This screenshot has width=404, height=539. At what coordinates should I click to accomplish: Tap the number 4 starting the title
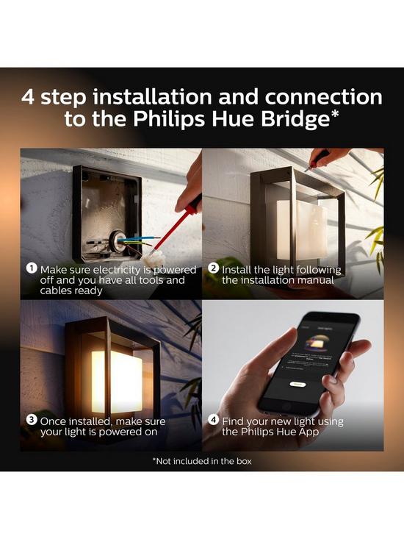pyautogui.click(x=30, y=96)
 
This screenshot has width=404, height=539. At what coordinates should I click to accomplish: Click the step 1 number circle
pyautogui.click(x=32, y=268)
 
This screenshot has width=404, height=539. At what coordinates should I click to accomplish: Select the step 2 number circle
pyautogui.click(x=213, y=268)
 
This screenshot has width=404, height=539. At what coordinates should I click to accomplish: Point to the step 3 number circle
pyautogui.click(x=32, y=420)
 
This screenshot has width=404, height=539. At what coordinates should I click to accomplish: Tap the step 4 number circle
pyautogui.click(x=213, y=420)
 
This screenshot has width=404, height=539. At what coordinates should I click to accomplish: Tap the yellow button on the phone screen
pyautogui.click(x=297, y=383)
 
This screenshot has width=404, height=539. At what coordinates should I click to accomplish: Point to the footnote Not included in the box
pyautogui.click(x=201, y=461)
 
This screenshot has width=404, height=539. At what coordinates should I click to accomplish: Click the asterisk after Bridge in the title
pyautogui.click(x=333, y=114)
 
